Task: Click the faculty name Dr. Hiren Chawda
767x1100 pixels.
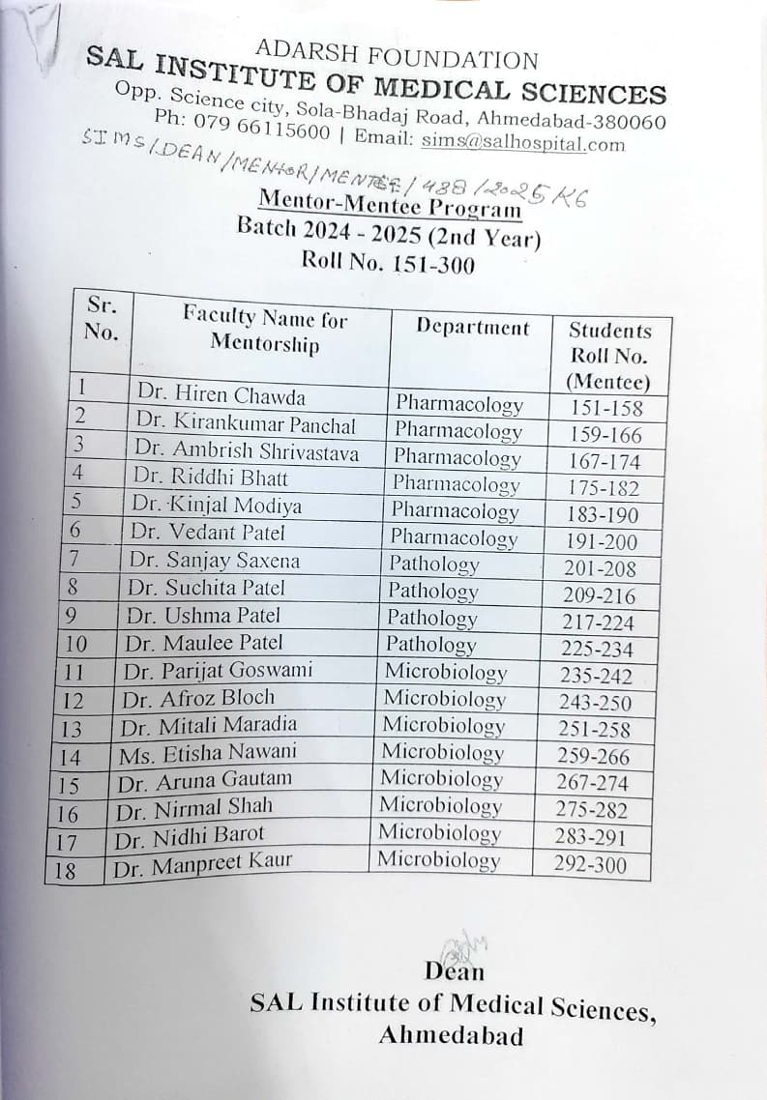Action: (x=221, y=396)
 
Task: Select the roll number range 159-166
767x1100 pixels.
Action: (x=605, y=435)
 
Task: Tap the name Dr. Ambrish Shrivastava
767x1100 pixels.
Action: (x=247, y=451)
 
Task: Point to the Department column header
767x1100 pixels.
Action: (x=473, y=327)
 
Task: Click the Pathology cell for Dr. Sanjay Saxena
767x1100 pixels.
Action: (x=434, y=564)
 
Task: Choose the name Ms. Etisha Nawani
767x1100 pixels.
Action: (x=208, y=751)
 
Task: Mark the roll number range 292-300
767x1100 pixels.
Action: (x=590, y=865)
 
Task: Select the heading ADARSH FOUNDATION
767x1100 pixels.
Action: (x=397, y=56)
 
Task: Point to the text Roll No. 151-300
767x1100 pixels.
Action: (x=388, y=262)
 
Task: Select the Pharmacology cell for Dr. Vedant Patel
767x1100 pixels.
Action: (x=454, y=537)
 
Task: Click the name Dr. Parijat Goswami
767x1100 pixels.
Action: (x=218, y=670)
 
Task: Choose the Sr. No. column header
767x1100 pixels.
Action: (x=101, y=318)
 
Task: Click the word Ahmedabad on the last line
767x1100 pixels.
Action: (x=451, y=1036)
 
